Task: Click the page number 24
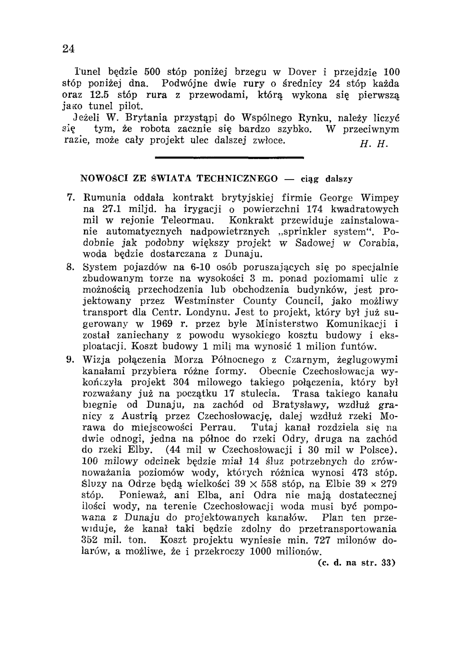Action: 69,49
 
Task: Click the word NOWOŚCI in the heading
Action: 101,178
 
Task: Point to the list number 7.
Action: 71,198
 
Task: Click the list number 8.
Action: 71,267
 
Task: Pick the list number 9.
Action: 71,360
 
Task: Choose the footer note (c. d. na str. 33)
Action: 357,562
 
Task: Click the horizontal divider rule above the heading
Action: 230,158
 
